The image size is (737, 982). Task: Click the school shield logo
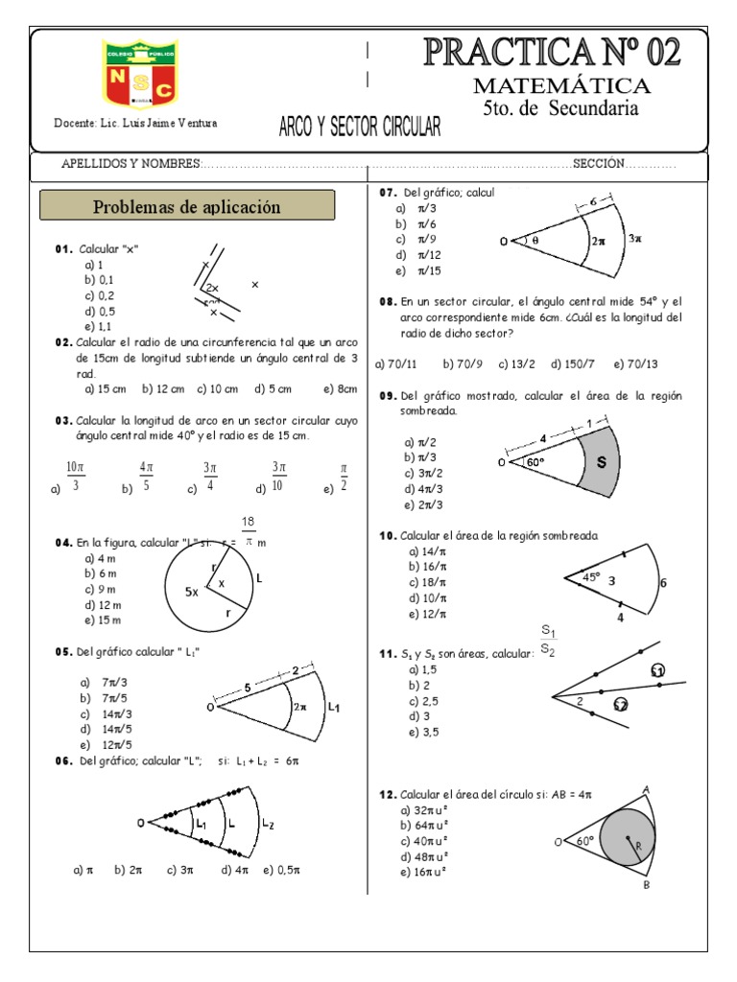140,74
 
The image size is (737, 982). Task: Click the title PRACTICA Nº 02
552,52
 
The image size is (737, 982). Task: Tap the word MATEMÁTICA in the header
561,86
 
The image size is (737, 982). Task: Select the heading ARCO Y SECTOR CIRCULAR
359,127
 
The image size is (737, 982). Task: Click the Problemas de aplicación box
187,206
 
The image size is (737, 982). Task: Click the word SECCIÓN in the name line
599,164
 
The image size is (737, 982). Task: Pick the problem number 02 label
64,341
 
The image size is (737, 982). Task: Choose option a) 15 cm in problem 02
106,389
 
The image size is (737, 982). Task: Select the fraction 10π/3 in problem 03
76,476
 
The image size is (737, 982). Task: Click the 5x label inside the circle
192,593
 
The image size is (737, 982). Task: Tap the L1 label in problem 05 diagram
334,707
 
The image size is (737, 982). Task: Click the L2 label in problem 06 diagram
268,825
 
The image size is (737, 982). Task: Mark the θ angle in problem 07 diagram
535,242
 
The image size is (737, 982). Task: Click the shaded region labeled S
602,462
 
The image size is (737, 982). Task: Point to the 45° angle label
591,577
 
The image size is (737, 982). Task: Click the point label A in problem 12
646,789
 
